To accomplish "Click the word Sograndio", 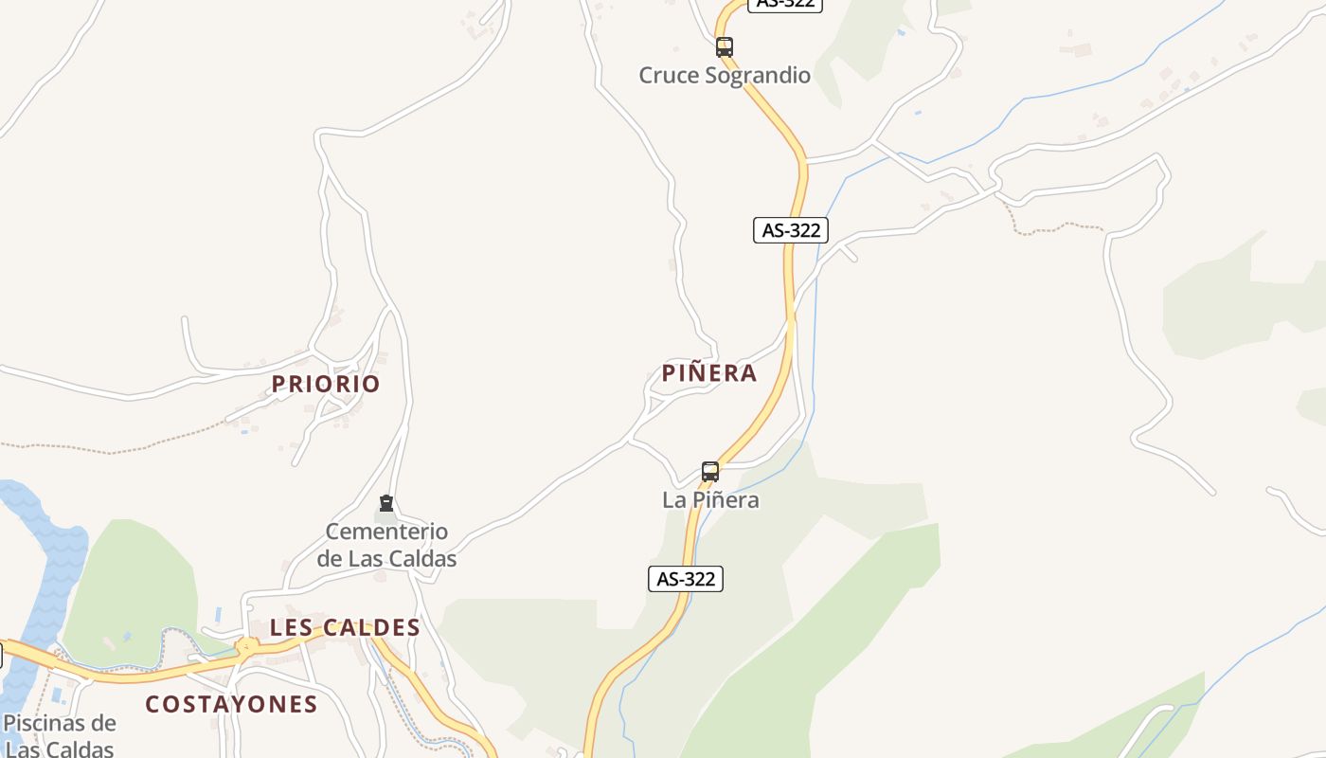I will [755, 75].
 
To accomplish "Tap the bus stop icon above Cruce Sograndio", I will [725, 46].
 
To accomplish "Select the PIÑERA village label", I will [709, 373].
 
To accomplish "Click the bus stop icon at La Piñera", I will [710, 471].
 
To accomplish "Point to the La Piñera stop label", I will [710, 499].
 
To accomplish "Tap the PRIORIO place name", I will [326, 384].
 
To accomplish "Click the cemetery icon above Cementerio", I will [386, 503].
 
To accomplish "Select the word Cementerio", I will [386, 532].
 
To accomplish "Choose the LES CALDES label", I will [345, 627].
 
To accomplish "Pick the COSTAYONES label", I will [231, 704].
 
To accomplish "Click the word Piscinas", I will [60, 724].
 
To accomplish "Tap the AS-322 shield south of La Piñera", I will [686, 579].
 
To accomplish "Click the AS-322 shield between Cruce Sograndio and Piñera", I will [791, 229].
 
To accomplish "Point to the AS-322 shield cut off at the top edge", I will [785, 4].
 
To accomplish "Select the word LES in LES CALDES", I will [290, 627].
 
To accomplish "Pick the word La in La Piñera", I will [673, 499].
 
